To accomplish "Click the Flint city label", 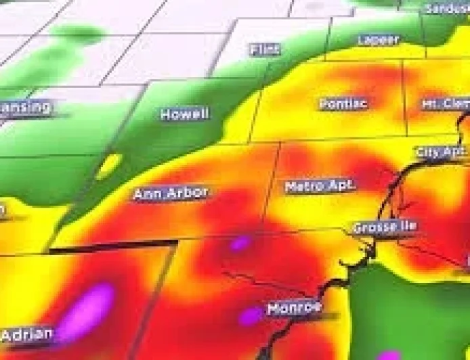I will [x=265, y=49].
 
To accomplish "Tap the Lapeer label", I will [x=378, y=40].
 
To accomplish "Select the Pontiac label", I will [x=343, y=104].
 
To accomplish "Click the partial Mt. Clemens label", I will [x=444, y=104].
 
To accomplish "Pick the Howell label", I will [x=184, y=114].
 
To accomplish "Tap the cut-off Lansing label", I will [x=26, y=107].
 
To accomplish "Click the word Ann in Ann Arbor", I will [x=146, y=194].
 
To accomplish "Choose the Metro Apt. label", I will [x=320, y=185].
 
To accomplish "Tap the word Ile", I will [x=408, y=225].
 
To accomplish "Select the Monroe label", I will [x=293, y=309].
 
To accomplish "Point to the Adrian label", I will [x=27, y=334].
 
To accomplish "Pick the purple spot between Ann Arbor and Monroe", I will [x=240, y=243].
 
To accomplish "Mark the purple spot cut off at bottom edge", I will [x=389, y=355].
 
